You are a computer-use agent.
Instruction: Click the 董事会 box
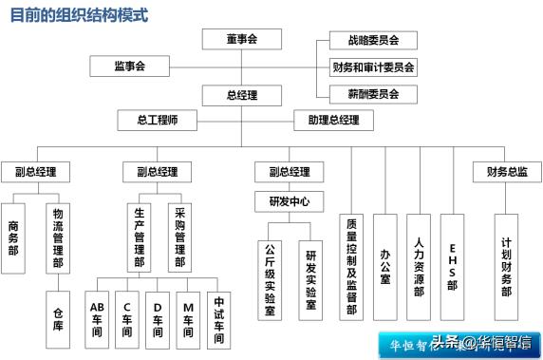click(x=242, y=40)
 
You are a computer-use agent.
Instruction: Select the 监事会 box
click(x=129, y=66)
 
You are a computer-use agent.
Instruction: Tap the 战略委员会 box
click(x=366, y=41)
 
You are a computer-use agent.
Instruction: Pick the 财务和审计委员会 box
click(x=373, y=67)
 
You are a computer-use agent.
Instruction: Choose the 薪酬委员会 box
click(x=366, y=94)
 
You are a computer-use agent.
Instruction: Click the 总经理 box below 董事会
click(x=242, y=95)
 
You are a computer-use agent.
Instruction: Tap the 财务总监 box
click(x=507, y=172)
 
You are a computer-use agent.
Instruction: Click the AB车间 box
click(x=97, y=317)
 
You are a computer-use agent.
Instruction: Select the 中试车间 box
click(x=219, y=317)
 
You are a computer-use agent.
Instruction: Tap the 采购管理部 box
click(x=180, y=237)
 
